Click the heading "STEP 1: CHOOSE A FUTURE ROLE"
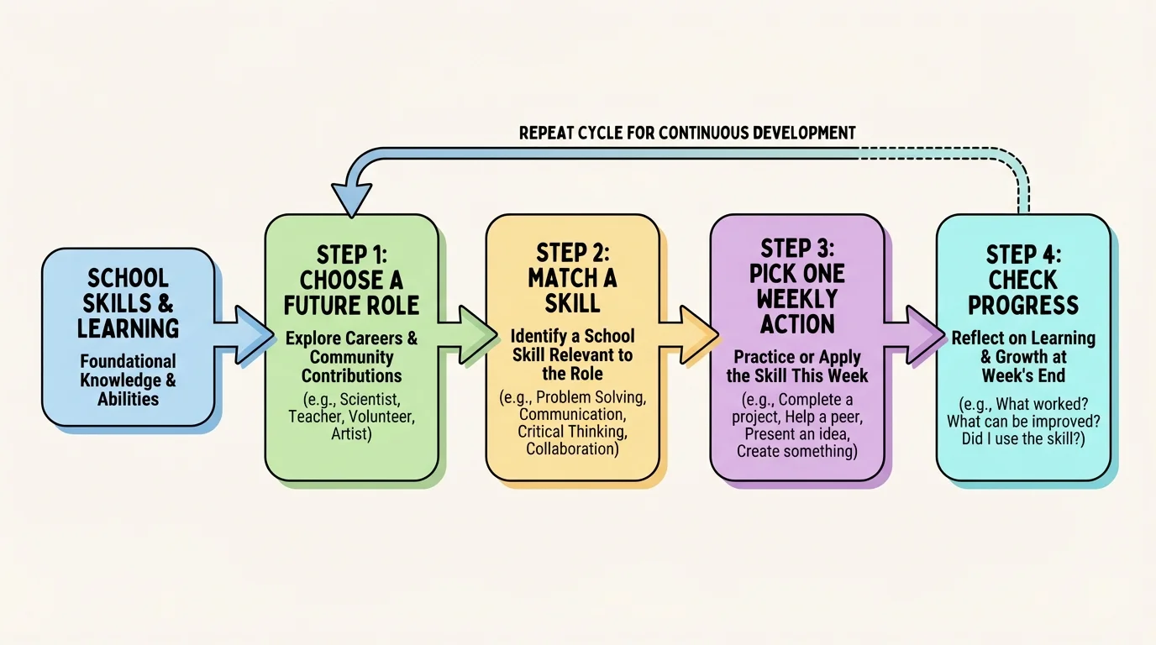[351, 279]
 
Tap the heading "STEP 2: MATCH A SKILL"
[572, 278]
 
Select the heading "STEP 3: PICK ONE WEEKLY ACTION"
[796, 286]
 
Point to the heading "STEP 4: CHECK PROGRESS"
[1023, 280]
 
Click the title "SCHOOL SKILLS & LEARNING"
[129, 302]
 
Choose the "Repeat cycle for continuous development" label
[687, 133]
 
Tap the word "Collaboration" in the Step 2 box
[572, 449]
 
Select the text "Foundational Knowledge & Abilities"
[129, 380]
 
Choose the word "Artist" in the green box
[351, 435]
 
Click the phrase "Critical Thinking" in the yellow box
[572, 432]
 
